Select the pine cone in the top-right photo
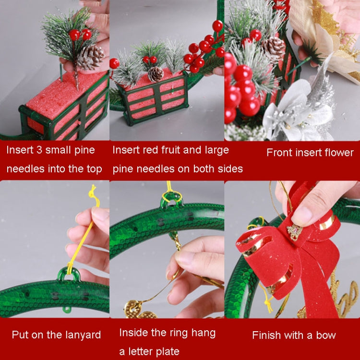coord(274,48)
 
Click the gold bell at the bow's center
coord(295,232)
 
